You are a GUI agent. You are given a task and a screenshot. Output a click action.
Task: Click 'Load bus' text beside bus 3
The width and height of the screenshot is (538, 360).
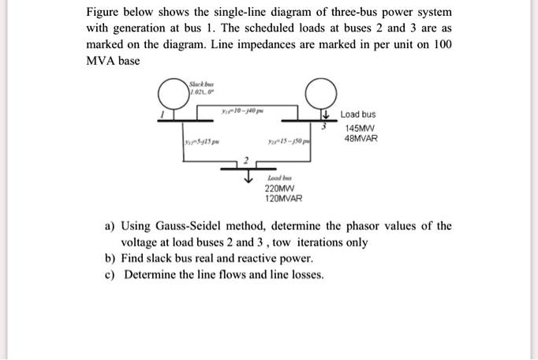coord(358,114)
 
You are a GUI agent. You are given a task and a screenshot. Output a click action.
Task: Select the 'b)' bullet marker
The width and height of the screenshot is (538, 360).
coord(110,258)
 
